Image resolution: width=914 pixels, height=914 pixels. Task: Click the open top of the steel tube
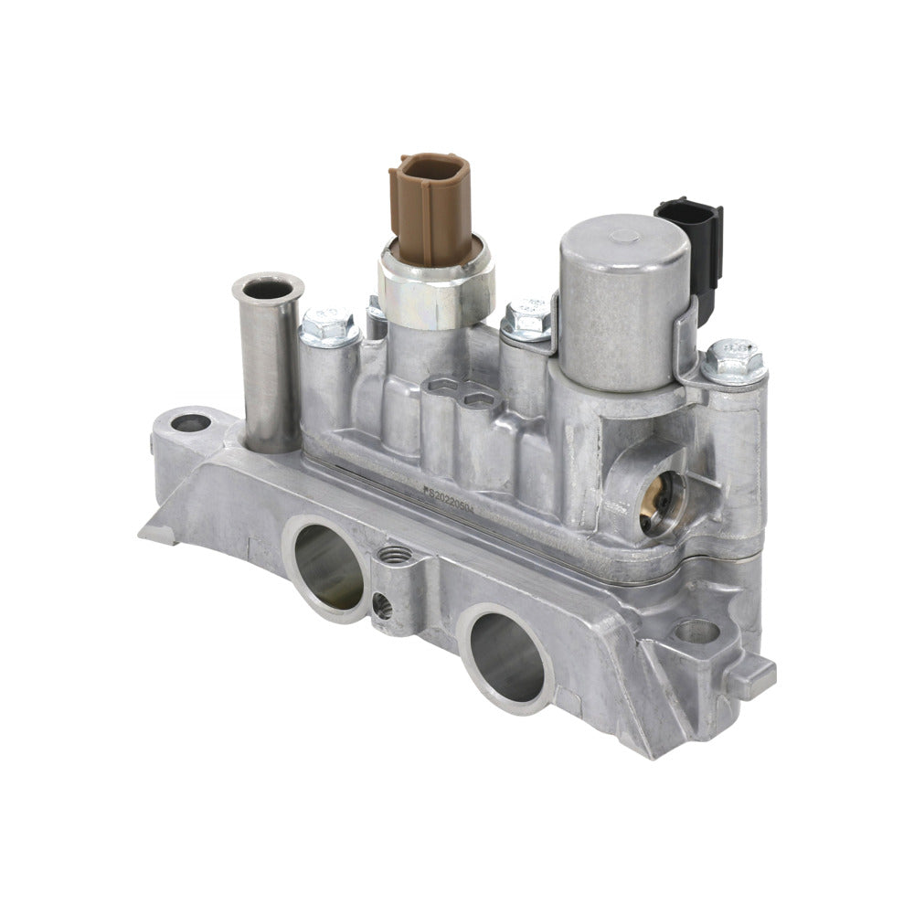(268, 289)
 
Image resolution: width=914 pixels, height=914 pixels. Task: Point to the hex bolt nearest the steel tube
(329, 327)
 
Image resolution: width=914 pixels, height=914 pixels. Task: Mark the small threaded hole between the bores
(395, 553)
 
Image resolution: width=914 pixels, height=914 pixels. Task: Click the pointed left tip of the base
(146, 533)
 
